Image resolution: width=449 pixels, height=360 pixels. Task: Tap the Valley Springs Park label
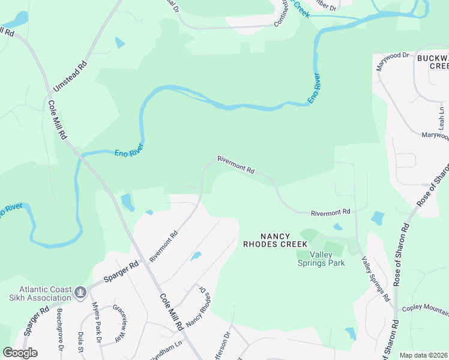click(x=322, y=259)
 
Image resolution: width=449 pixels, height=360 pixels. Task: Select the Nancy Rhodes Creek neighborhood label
click(x=275, y=240)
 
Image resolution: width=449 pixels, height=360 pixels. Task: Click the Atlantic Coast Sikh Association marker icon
click(x=80, y=292)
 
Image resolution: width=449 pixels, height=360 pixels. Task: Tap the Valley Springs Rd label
click(x=376, y=278)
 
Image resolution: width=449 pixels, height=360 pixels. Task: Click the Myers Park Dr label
click(x=95, y=324)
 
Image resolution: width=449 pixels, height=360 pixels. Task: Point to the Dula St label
click(x=80, y=345)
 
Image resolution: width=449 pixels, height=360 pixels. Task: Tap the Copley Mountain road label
click(x=427, y=310)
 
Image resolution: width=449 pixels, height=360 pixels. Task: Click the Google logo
click(x=20, y=353)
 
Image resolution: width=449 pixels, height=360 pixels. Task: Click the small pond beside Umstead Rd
click(x=120, y=43)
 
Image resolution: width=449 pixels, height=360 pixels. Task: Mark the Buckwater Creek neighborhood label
click(x=432, y=61)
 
